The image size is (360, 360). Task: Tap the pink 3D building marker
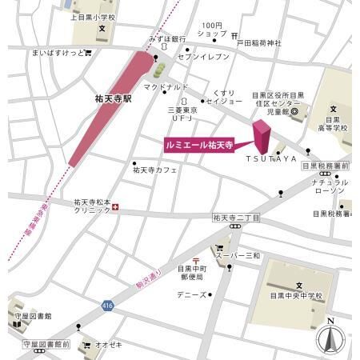tap(262, 138)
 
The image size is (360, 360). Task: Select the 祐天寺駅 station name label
tap(111, 99)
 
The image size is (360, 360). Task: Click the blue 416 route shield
tap(107, 305)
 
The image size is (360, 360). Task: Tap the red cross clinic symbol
tap(116, 208)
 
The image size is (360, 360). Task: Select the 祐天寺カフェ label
tap(154, 170)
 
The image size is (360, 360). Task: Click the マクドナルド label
tap(166, 86)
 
